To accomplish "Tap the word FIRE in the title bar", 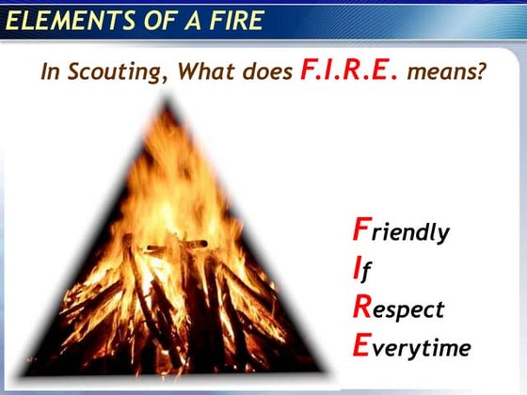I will pyautogui.click(x=231, y=20).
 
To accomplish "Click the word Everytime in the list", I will pyautogui.click(x=410, y=348).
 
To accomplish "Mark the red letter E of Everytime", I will pyautogui.click(x=360, y=346).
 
